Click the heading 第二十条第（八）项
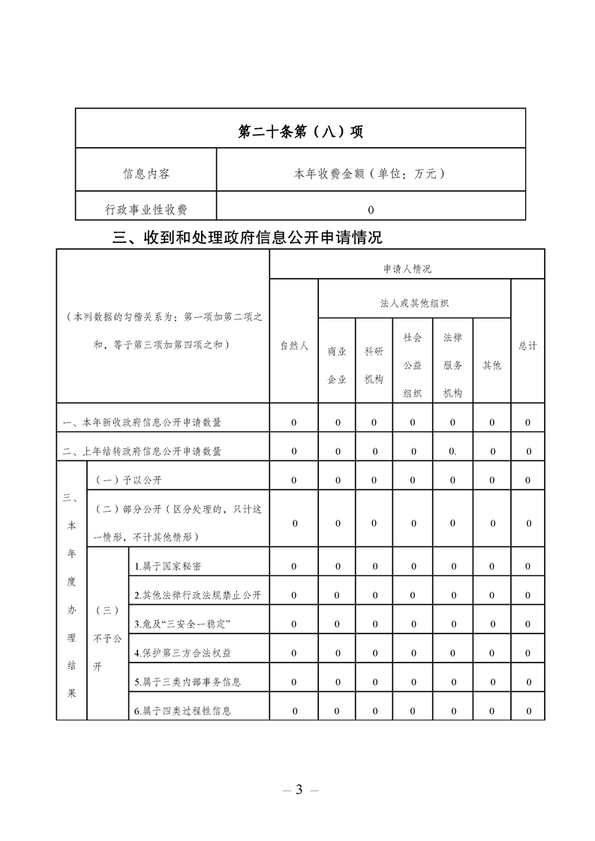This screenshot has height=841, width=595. point(300,132)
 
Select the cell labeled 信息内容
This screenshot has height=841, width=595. point(146,174)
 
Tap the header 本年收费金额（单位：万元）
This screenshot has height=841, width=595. point(371,174)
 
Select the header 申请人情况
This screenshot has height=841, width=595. point(407,268)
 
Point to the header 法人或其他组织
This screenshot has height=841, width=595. point(414,303)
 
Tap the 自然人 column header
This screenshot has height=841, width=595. point(294,346)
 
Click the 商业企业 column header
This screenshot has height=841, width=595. point(337,364)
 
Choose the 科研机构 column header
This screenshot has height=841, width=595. point(374,364)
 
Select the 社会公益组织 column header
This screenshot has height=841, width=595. point(413,364)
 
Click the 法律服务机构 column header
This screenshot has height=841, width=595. point(452,364)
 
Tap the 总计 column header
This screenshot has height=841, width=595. point(527,346)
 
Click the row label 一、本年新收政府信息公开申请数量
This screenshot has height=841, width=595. point(143,423)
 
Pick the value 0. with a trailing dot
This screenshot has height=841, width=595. point(452,451)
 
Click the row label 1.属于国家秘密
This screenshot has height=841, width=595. point(168,567)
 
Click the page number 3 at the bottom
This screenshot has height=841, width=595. point(299,789)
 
